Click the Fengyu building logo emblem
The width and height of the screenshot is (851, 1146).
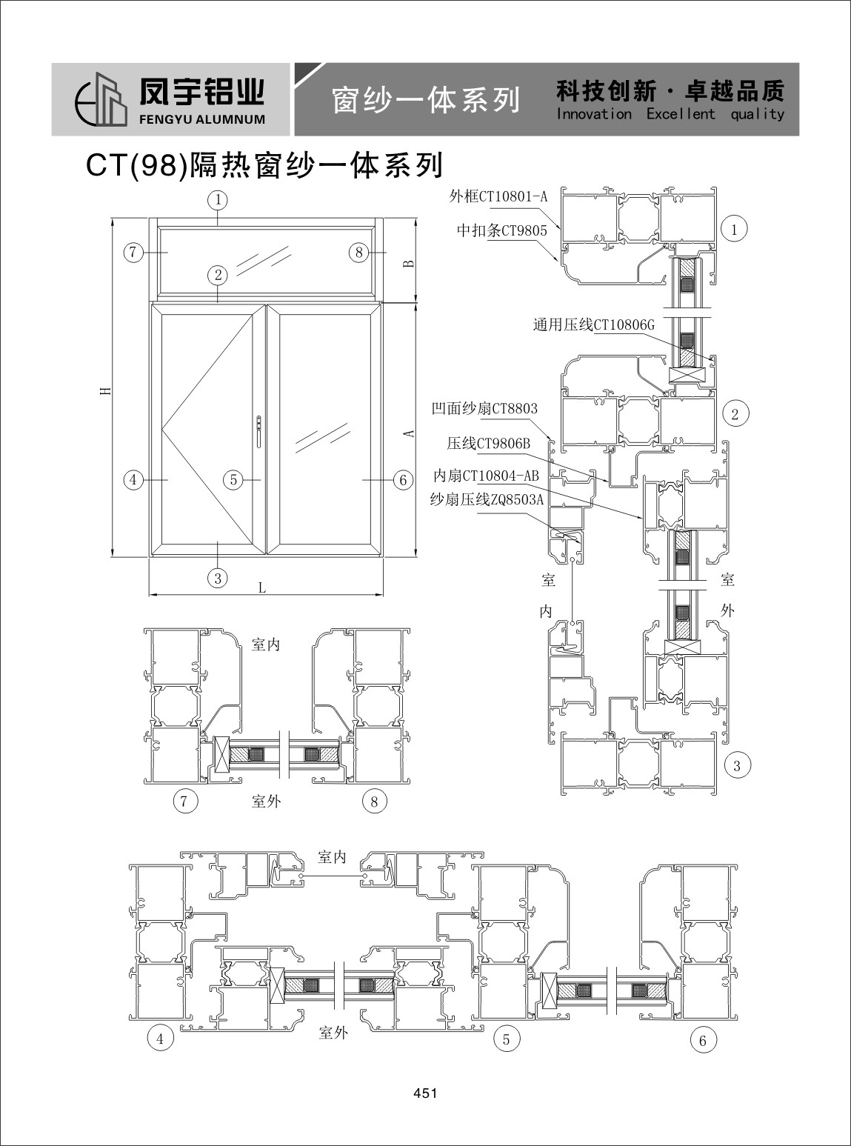(101, 99)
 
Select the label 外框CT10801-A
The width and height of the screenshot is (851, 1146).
(498, 196)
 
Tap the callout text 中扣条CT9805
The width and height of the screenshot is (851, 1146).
(501, 230)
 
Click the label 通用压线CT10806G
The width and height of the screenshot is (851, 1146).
(594, 324)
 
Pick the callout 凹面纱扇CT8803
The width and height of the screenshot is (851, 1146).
(484, 408)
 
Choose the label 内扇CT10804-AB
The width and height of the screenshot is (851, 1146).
(486, 476)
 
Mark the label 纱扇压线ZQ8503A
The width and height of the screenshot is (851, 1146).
(487, 499)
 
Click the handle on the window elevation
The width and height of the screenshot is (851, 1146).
(258, 430)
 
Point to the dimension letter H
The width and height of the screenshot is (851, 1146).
(106, 390)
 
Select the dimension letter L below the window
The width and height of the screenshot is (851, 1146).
(262, 587)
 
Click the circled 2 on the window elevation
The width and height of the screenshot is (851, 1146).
(218, 275)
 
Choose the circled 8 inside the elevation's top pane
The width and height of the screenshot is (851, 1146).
(358, 253)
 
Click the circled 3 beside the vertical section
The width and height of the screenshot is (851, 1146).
(737, 766)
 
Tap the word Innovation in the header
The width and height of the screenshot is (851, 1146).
(594, 114)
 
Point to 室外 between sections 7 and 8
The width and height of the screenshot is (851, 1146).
(266, 802)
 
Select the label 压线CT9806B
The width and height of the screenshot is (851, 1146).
(489, 443)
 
